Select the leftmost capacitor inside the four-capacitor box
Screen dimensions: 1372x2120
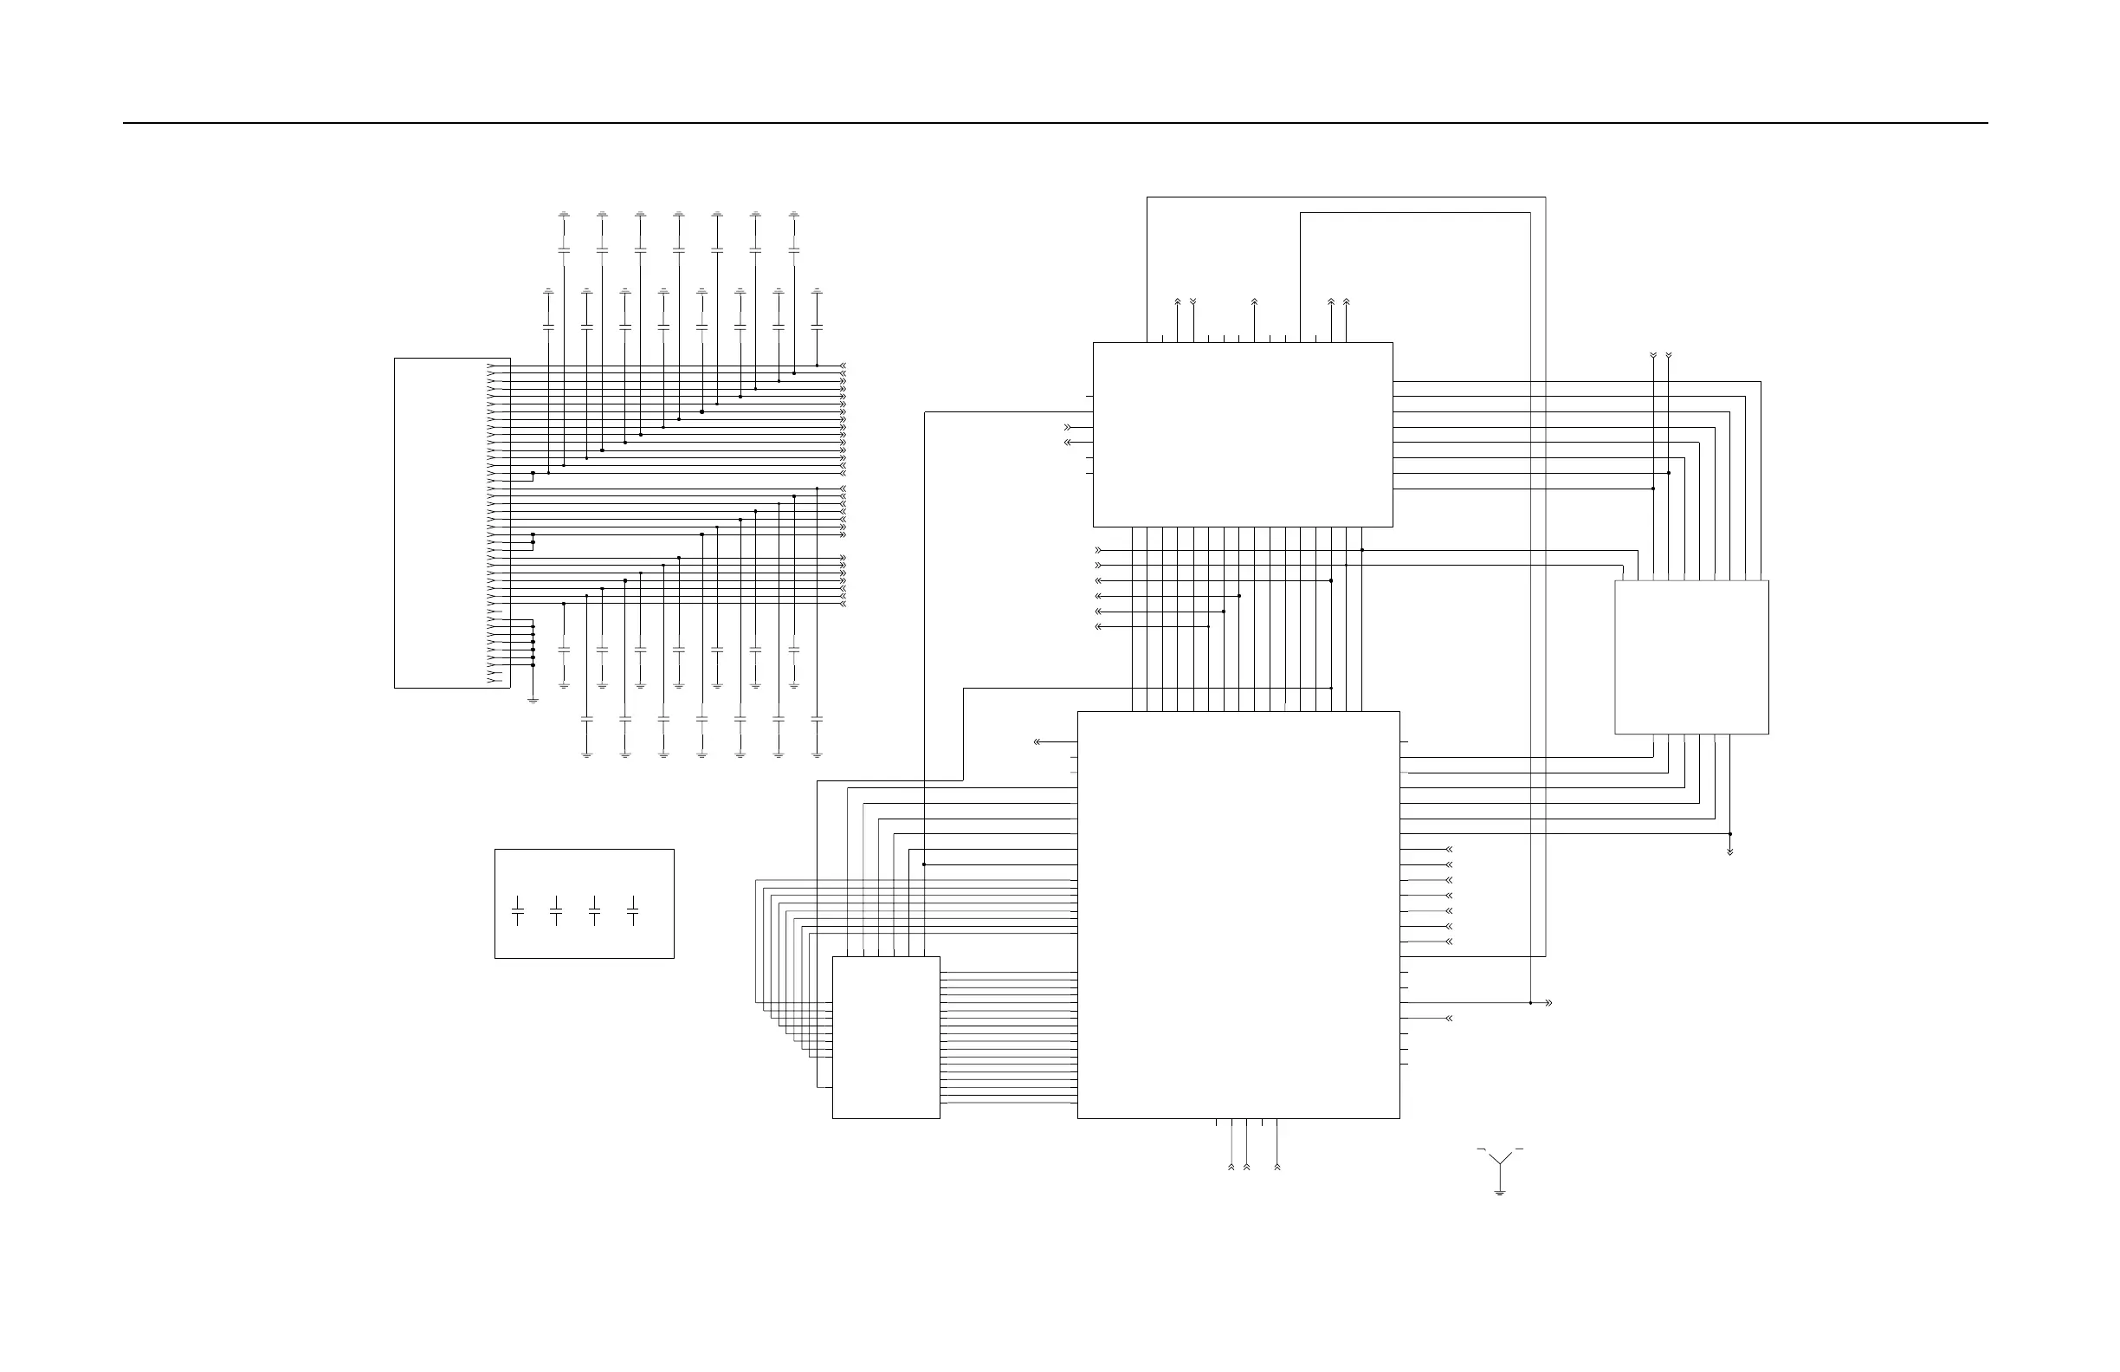tap(518, 910)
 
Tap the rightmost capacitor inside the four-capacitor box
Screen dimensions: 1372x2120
tap(632, 910)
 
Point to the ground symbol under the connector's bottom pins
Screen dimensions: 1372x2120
tap(533, 699)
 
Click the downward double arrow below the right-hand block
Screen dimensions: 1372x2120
tap(1729, 851)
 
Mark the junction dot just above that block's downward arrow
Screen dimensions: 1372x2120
tap(1729, 834)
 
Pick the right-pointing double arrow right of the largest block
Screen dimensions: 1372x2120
tap(1548, 1003)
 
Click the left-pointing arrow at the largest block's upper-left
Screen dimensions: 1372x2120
tap(1037, 741)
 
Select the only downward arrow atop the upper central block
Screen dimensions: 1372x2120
tap(1192, 302)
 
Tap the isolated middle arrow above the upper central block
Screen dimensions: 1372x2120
tap(1254, 302)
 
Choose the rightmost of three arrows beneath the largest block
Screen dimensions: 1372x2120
tap(1277, 1165)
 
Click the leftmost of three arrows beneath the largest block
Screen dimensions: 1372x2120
tap(1231, 1165)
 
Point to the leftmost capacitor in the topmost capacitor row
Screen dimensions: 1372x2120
tap(564, 249)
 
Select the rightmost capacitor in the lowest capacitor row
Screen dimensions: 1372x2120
tap(817, 718)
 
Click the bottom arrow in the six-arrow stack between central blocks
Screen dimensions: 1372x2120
tap(1098, 626)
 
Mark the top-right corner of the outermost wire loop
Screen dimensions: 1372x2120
tap(1546, 197)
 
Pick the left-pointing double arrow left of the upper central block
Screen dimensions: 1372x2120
tap(1068, 442)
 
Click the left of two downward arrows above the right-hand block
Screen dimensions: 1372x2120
tap(1653, 355)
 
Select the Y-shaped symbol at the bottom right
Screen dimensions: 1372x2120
tap(1500, 1160)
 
